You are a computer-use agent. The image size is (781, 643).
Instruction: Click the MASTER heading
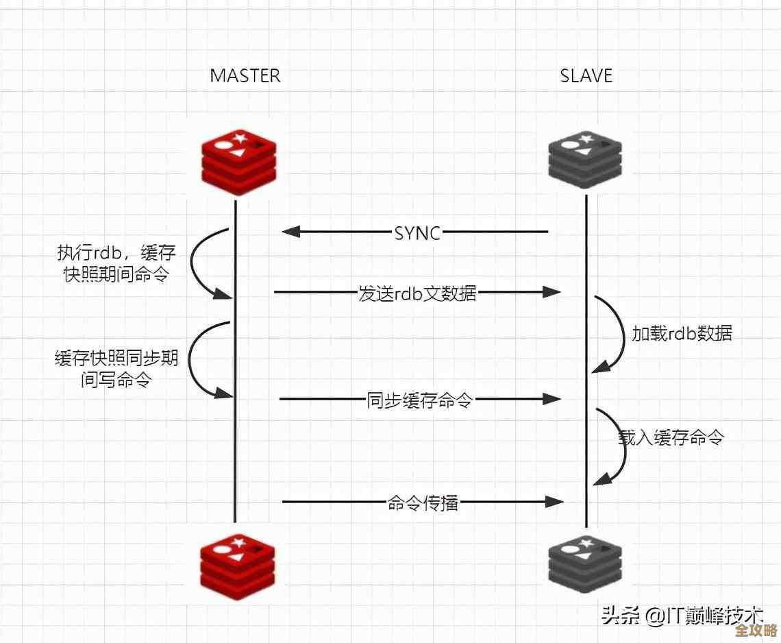click(x=245, y=75)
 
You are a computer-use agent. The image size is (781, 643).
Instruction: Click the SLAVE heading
click(x=586, y=75)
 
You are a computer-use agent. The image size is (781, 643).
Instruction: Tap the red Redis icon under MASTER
click(x=238, y=160)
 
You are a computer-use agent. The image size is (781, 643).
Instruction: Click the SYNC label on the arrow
click(x=417, y=232)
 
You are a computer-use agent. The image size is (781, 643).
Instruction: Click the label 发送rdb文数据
click(x=417, y=293)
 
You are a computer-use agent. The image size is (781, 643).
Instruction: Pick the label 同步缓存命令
click(x=419, y=400)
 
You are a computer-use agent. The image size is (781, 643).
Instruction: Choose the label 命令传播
click(x=423, y=503)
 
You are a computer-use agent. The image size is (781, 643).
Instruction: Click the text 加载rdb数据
click(x=682, y=333)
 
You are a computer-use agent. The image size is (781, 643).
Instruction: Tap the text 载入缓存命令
click(x=671, y=437)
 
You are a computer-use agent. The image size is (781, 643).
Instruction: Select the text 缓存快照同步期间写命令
click(x=116, y=369)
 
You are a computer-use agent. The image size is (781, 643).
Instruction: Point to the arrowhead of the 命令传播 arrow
click(x=555, y=502)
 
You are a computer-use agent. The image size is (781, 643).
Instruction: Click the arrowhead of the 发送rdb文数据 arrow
click(x=553, y=293)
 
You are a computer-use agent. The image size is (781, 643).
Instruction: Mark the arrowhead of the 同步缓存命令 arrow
click(x=553, y=399)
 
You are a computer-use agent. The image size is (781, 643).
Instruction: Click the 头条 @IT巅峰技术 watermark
click(x=682, y=614)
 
